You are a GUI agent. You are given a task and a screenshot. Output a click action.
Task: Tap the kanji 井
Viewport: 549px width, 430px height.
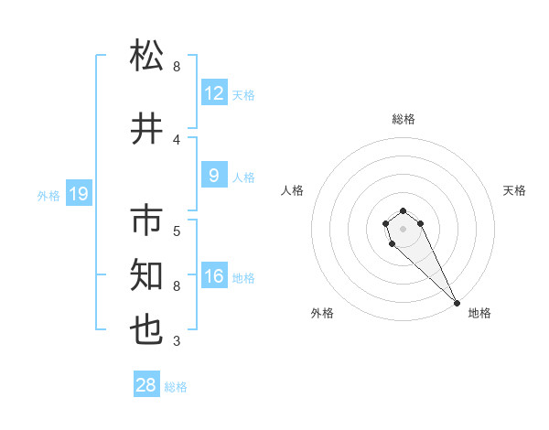point(147,127)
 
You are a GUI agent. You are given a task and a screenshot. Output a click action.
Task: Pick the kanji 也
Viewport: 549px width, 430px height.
point(147,329)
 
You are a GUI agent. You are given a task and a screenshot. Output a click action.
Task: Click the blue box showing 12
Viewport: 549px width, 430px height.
point(214,93)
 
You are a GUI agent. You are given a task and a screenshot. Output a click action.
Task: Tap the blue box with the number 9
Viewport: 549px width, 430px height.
point(214,177)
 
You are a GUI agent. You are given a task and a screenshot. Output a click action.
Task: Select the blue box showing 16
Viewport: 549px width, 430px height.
point(214,276)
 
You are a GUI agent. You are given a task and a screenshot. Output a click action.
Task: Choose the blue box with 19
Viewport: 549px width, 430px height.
point(78,194)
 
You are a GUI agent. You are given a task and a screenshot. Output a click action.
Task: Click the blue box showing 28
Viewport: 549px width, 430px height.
point(146,385)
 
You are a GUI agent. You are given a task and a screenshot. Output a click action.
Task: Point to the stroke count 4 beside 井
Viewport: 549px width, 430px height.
point(177,139)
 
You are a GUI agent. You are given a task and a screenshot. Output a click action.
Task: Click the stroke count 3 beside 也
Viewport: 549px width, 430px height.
point(177,342)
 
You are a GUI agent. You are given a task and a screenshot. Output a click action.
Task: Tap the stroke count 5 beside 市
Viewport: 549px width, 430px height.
point(177,231)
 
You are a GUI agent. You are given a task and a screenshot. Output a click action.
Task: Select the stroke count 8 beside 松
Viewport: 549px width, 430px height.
point(177,67)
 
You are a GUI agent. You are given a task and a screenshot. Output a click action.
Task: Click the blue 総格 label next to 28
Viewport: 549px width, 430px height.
point(176,387)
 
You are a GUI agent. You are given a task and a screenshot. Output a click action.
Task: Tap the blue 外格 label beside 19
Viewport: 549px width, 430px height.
point(48,195)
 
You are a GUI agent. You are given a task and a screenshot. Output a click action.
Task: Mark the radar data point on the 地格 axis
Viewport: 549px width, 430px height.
point(457,303)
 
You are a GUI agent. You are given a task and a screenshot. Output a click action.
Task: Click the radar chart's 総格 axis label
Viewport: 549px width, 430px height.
point(404,119)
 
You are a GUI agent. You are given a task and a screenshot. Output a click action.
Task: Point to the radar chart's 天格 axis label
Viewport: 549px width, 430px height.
point(514,190)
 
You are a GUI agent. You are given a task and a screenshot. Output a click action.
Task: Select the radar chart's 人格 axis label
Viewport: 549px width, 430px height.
point(293,190)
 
